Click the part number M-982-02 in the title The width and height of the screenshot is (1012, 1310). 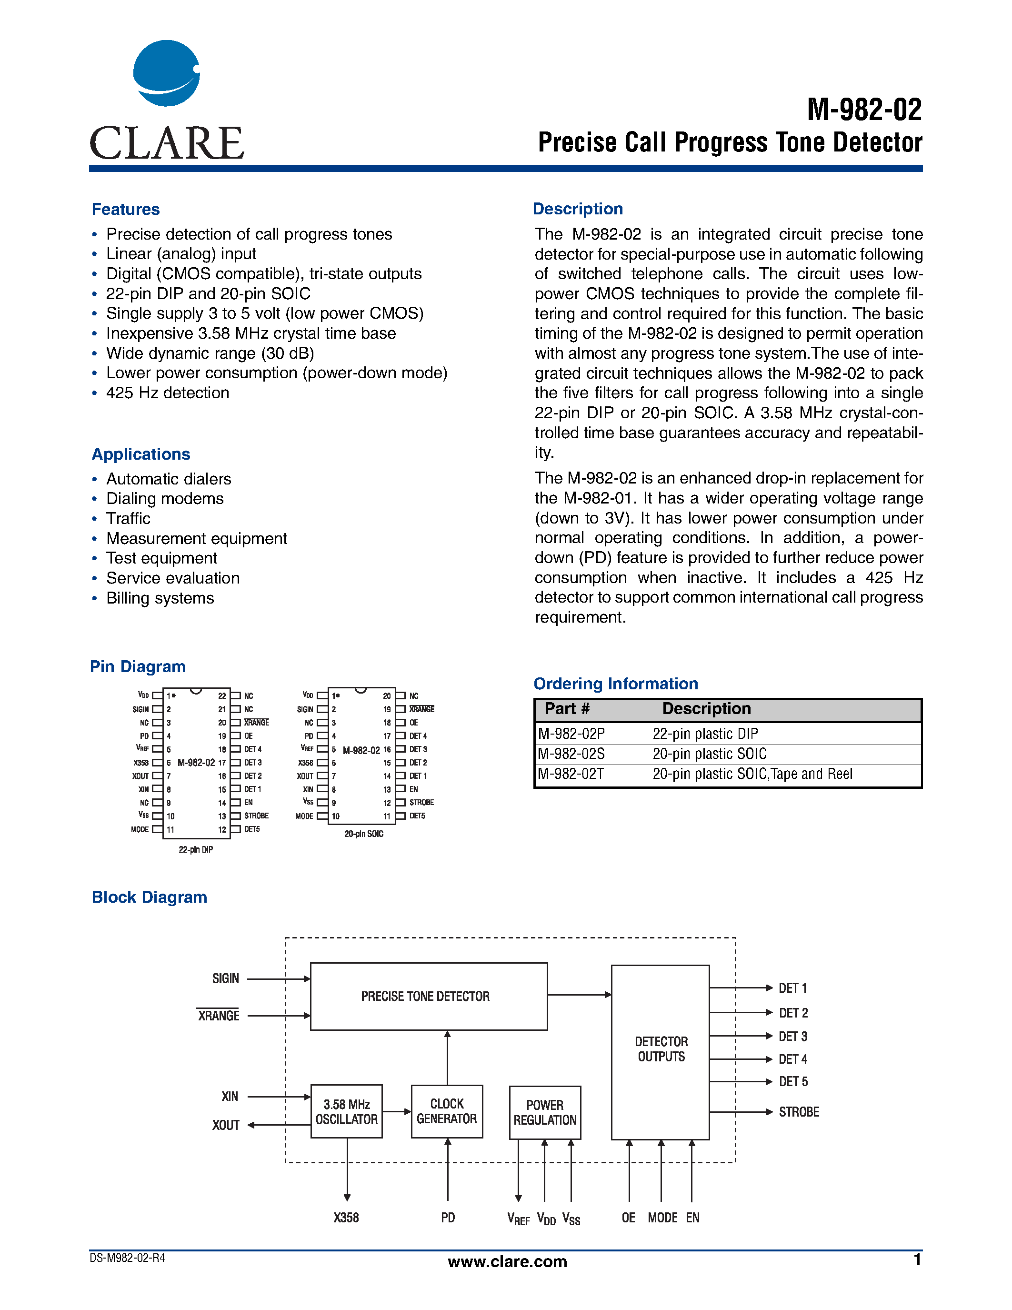pyautogui.click(x=864, y=110)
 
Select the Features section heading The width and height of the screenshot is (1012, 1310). pyautogui.click(x=126, y=209)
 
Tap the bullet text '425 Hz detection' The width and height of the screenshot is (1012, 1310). pyautogui.click(x=167, y=393)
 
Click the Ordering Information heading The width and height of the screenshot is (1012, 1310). pyautogui.click(x=616, y=684)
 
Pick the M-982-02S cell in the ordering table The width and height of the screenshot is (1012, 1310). pyautogui.click(x=571, y=754)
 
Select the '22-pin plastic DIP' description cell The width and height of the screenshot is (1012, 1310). pyautogui.click(x=705, y=734)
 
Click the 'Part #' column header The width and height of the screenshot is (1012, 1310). pyautogui.click(x=567, y=709)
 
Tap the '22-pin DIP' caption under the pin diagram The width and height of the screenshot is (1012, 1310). pyautogui.click(x=195, y=849)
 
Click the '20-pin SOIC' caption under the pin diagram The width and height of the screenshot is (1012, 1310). pyautogui.click(x=363, y=834)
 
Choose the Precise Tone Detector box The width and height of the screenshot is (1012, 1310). pyautogui.click(x=428, y=996)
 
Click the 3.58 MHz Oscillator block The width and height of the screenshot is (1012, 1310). pyautogui.click(x=347, y=1111)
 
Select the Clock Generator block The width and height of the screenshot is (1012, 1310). pyautogui.click(x=447, y=1111)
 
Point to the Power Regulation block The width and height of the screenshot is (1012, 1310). pyautogui.click(x=545, y=1113)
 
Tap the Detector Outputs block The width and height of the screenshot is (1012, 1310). pyautogui.click(x=661, y=1049)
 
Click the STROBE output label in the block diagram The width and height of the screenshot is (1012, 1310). pyautogui.click(x=799, y=1112)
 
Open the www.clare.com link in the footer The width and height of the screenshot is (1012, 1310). pyautogui.click(x=507, y=1261)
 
